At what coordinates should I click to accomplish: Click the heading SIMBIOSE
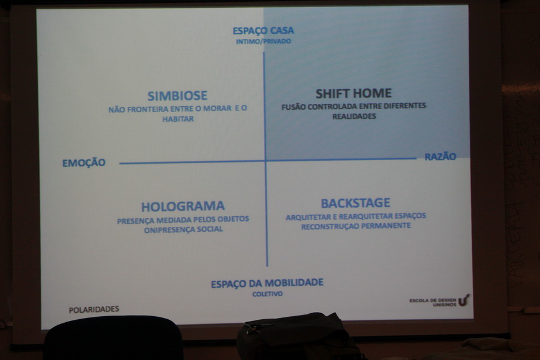click(x=178, y=95)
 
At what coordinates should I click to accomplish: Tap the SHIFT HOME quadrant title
click(x=353, y=94)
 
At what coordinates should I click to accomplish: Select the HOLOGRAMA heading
click(x=183, y=206)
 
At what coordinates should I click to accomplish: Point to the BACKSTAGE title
click(x=355, y=203)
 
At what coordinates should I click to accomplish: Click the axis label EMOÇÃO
click(x=83, y=163)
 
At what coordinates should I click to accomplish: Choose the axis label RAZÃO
click(x=440, y=157)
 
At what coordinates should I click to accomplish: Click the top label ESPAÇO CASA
click(x=263, y=31)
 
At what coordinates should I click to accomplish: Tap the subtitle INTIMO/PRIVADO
click(x=263, y=41)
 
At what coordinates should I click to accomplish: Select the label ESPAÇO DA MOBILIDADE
click(x=267, y=284)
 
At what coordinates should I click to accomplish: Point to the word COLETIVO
click(x=267, y=294)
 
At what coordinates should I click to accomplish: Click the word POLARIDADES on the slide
click(x=94, y=310)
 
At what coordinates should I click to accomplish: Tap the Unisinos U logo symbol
click(x=464, y=300)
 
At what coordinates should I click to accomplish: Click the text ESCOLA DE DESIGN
click(x=433, y=301)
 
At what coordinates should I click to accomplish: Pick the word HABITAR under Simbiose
click(x=178, y=119)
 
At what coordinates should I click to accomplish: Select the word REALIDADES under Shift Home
click(x=354, y=116)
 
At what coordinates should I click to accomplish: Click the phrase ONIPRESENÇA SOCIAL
click(x=183, y=229)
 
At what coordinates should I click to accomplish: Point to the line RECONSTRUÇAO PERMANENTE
click(x=356, y=226)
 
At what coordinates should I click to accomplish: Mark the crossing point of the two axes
click(x=266, y=161)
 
